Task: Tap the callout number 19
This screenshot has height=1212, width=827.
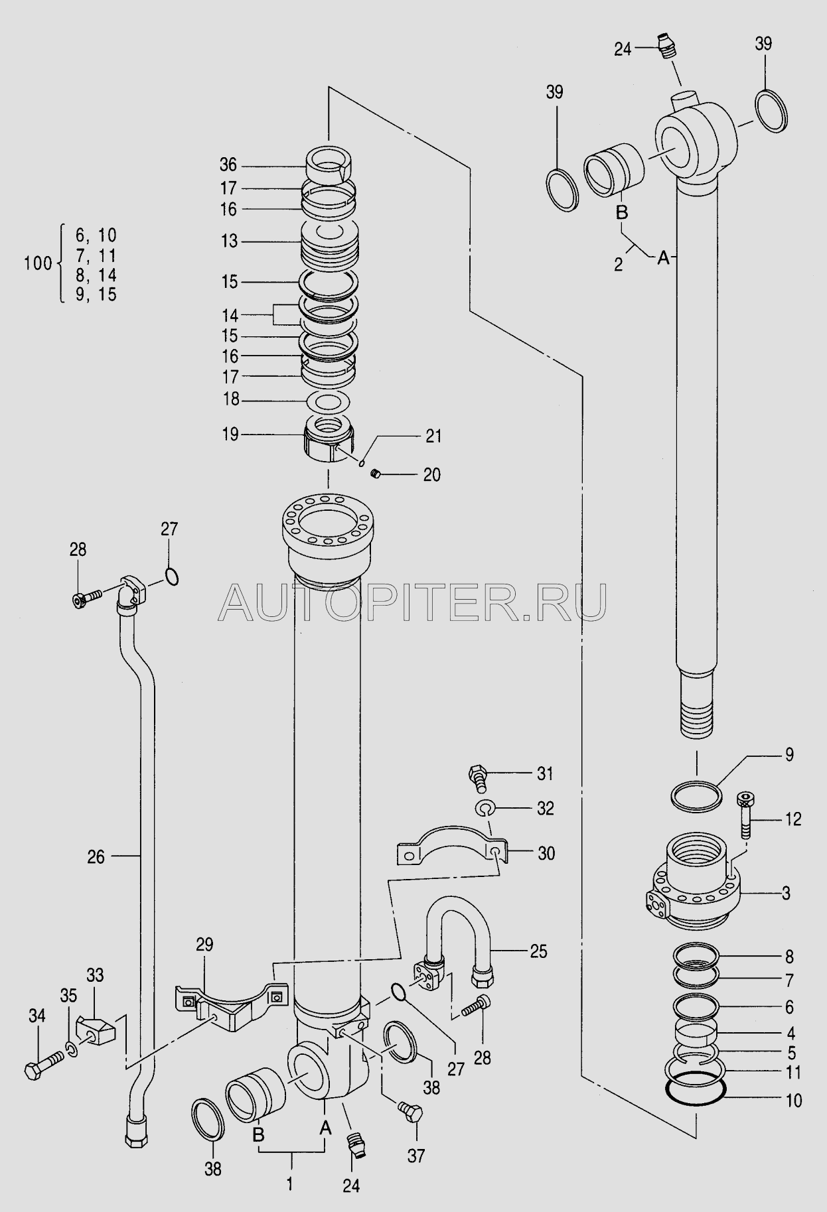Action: [x=230, y=435]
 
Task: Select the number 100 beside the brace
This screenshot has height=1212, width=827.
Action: [x=38, y=263]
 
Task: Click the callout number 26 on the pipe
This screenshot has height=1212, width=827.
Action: [x=96, y=857]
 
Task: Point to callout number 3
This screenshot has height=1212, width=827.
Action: [x=786, y=893]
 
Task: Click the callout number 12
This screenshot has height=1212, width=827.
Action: [x=792, y=819]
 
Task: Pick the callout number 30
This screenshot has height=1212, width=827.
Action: [x=546, y=853]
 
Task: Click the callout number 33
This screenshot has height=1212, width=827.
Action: [x=95, y=976]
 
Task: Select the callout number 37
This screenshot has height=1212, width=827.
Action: [x=416, y=1156]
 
